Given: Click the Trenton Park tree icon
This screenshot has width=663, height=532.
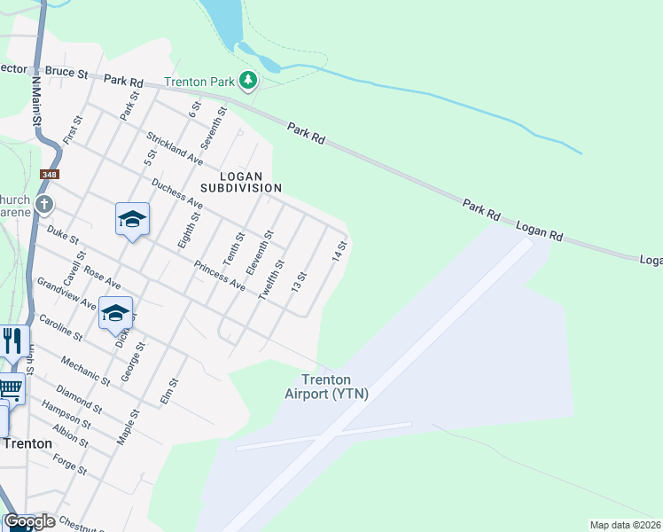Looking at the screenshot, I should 249,82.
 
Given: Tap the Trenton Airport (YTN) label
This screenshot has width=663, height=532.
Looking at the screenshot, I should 326,387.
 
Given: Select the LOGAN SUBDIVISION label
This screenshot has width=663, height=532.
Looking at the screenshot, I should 240,182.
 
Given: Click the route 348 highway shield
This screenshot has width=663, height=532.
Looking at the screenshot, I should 50,176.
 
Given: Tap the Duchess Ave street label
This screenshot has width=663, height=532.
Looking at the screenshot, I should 177,195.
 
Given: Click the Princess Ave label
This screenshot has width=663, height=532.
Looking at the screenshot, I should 219,276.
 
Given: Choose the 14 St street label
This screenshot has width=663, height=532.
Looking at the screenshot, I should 338,250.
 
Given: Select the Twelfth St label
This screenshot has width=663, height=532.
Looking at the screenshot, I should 270,280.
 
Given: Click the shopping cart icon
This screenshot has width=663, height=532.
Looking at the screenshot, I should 10,387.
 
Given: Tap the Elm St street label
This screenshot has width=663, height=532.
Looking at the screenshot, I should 169,392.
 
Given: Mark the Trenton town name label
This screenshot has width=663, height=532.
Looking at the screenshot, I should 27,443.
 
